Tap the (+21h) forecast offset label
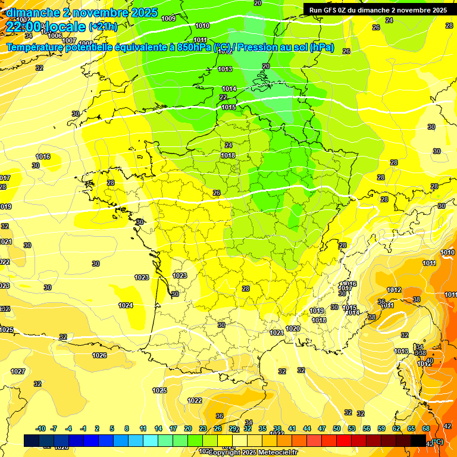(104, 26)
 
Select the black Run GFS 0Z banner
(378, 10)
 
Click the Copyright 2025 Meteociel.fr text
(252, 453)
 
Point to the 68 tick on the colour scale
(426, 428)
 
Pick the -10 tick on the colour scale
(41, 428)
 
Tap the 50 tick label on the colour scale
(337, 428)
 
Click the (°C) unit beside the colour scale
(437, 442)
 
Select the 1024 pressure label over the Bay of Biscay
(126, 305)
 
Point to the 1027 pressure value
(18, 371)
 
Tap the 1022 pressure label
(195, 400)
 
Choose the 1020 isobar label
(293, 328)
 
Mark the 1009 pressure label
(168, 18)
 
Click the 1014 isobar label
(229, 89)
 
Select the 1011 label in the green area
(200, 40)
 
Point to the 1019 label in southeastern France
(317, 311)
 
